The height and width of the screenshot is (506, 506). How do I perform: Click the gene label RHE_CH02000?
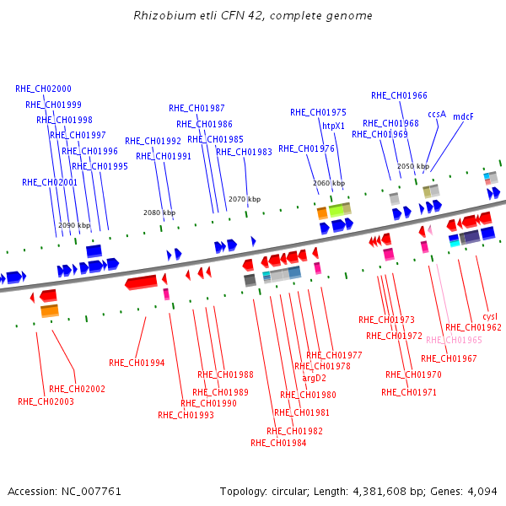[43, 89]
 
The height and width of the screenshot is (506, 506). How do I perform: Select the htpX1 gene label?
[333, 126]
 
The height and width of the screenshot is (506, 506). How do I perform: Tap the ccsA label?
[437, 114]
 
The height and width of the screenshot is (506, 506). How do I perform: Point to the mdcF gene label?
[463, 116]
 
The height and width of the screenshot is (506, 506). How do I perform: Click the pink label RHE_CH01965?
[454, 340]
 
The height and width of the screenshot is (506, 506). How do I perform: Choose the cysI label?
[490, 316]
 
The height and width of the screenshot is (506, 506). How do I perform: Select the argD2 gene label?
[314, 378]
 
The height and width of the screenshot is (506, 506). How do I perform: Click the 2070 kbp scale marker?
[245, 199]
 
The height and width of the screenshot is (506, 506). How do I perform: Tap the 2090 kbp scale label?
[74, 225]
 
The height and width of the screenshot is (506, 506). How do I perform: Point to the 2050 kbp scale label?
[413, 166]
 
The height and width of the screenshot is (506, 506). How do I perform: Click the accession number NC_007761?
[91, 492]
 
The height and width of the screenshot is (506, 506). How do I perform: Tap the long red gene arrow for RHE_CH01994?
[141, 282]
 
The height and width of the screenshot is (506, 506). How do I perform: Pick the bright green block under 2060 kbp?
[336, 211]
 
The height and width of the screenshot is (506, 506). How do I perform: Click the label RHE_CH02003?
[46, 401]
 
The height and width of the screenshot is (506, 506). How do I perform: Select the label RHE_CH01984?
[278, 443]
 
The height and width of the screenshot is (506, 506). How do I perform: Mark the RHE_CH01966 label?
[399, 95]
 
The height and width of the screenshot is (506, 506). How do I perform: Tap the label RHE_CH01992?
[153, 141]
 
